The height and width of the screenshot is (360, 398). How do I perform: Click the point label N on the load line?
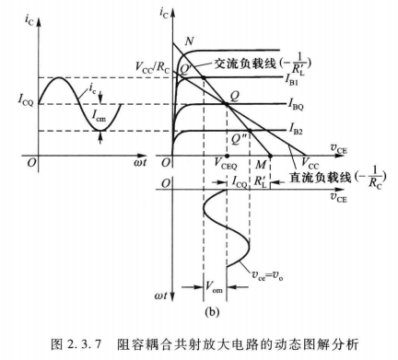(x=189, y=41)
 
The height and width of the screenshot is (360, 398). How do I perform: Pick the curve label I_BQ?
(x=298, y=103)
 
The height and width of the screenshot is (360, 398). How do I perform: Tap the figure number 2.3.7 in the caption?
(x=88, y=343)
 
